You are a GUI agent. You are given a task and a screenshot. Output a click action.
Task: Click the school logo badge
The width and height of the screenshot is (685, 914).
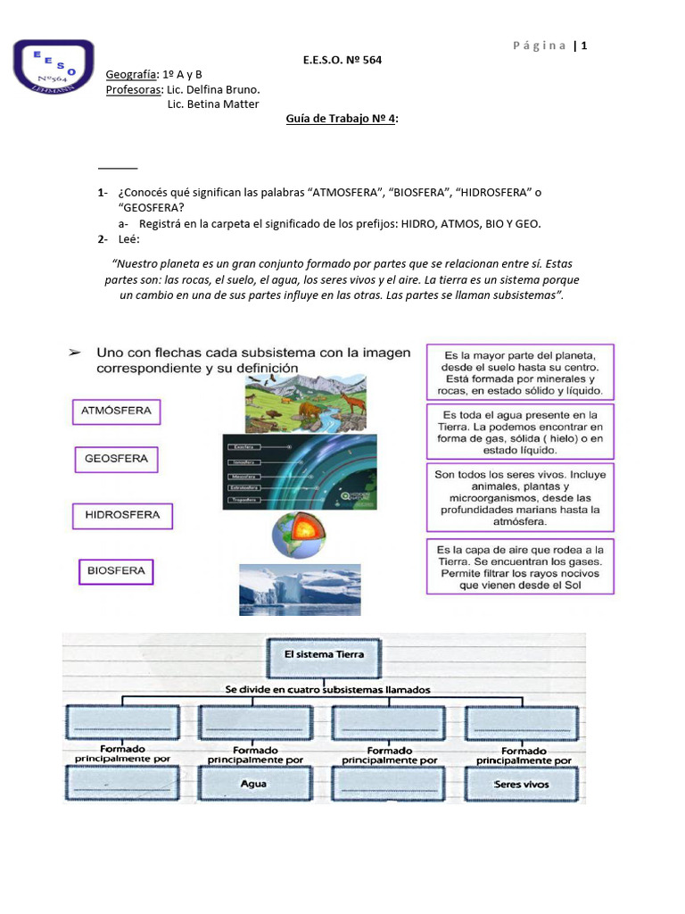tap(54, 69)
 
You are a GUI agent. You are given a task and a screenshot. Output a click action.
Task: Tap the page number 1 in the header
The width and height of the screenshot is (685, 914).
tap(584, 46)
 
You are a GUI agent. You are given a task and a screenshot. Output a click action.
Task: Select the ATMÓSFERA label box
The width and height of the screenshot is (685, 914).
tap(116, 411)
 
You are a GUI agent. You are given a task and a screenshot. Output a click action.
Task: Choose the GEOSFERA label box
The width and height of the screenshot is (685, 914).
tap(116, 460)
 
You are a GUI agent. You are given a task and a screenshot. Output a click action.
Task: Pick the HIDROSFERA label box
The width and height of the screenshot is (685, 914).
tap(122, 515)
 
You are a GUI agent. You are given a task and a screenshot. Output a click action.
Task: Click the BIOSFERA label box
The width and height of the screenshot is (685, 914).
tap(116, 570)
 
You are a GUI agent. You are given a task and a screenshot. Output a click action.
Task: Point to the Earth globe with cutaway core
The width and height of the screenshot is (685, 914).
tap(299, 536)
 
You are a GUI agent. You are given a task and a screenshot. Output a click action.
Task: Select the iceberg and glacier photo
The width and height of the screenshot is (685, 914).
tap(300, 588)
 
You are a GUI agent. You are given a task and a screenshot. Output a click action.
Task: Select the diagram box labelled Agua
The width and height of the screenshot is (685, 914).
tap(253, 785)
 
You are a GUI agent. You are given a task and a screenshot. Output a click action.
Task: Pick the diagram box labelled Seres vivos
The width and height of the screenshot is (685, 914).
tap(522, 785)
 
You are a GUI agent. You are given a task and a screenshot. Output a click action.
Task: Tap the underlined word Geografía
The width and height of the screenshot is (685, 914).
tap(132, 74)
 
